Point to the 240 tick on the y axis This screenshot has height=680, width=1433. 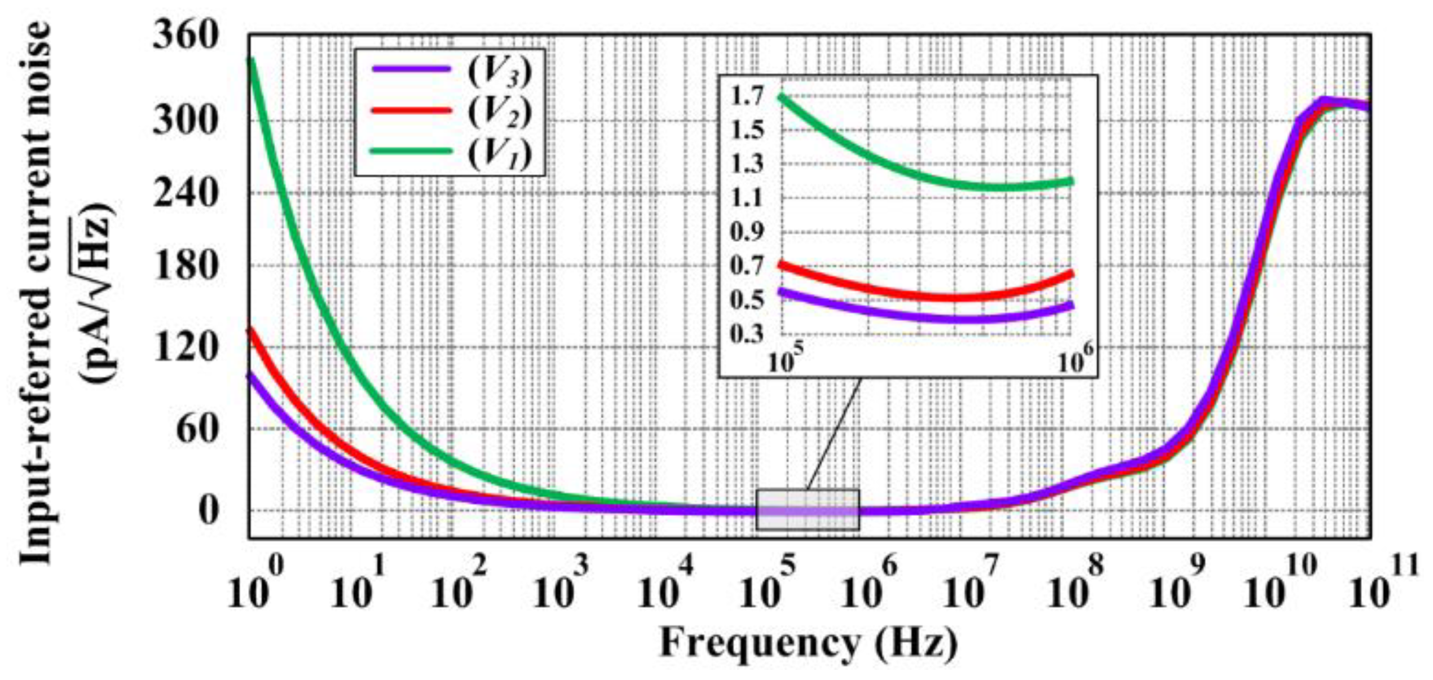pos(186,194)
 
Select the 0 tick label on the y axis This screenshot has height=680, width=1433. pos(208,511)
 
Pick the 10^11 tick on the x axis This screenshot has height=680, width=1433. pos(1382,586)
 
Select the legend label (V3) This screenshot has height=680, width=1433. pos(500,72)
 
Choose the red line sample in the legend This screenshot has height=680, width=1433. pos(412,110)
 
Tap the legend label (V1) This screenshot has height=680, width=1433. pos(500,153)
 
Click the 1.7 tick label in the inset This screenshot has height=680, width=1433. pos(747,97)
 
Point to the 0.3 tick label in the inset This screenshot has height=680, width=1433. pos(747,334)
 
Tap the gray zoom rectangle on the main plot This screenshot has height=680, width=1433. pos(808,510)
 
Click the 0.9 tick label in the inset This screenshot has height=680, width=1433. pos(747,232)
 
